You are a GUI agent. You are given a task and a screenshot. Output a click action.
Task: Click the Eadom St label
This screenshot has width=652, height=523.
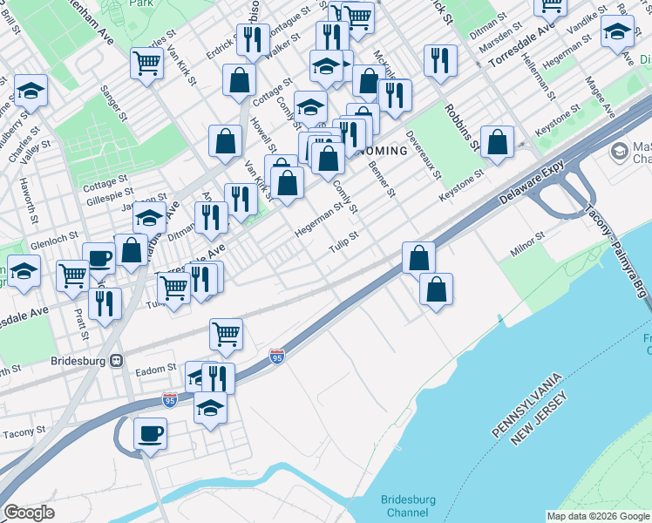coord(156,370)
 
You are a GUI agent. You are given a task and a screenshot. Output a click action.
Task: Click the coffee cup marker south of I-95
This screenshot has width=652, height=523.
coord(151,432)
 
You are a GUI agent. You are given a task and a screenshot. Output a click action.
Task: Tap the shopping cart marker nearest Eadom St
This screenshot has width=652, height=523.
coord(226,333)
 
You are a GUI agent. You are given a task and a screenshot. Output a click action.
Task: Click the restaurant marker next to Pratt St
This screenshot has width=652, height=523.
coord(105,302)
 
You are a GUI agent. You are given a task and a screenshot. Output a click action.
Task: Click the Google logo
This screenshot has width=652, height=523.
coord(29,513)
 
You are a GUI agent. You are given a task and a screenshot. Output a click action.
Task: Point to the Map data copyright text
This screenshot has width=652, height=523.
coord(598,516)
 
